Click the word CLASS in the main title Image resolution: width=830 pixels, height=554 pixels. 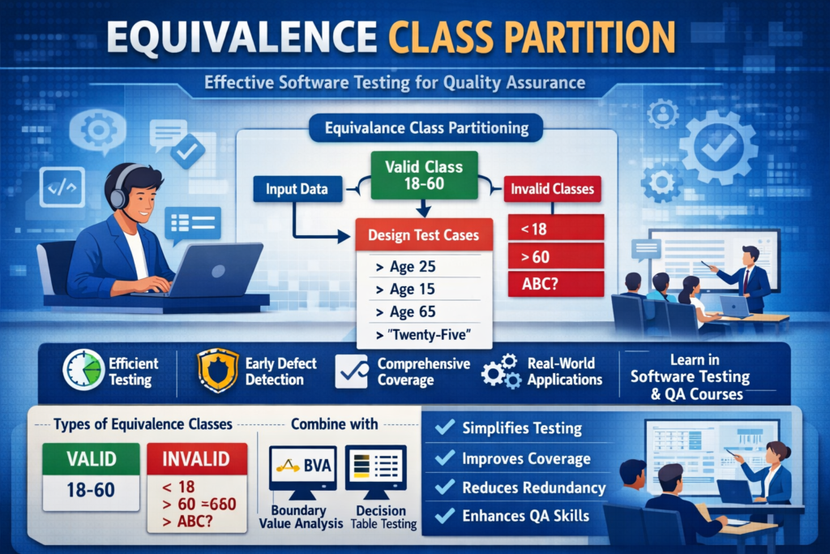(x=458, y=38)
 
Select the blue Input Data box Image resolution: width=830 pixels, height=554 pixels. (x=296, y=190)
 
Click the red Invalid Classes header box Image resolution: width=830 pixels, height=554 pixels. (x=553, y=191)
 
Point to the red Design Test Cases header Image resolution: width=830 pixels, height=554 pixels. (x=424, y=235)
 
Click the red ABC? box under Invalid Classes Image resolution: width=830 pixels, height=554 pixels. (x=554, y=284)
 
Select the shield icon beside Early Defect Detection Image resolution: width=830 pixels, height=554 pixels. (x=217, y=371)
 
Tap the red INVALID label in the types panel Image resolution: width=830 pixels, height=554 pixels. (x=197, y=459)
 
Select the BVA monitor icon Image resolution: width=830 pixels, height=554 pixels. (x=302, y=470)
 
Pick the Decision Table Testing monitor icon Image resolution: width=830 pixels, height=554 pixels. (x=375, y=470)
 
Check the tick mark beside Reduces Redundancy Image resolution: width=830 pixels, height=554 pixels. (x=445, y=487)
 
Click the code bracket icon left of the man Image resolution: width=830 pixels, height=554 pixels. (x=62, y=189)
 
